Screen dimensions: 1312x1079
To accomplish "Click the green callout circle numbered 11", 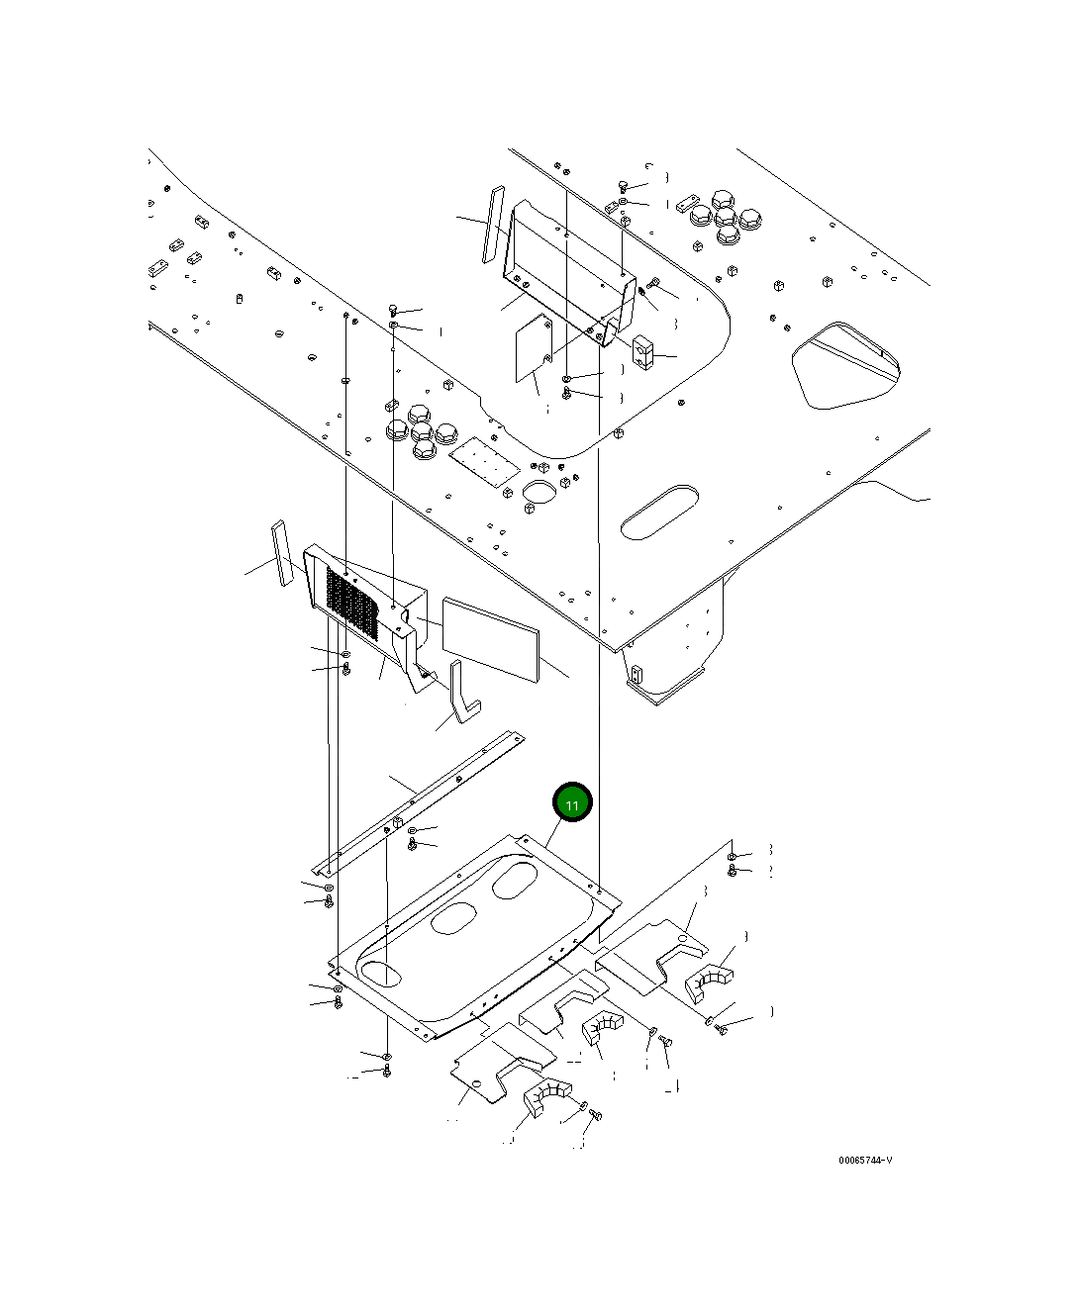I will [x=572, y=802].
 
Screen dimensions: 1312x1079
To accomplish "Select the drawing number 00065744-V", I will [x=864, y=1161].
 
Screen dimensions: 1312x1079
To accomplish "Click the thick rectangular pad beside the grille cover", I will [x=490, y=637].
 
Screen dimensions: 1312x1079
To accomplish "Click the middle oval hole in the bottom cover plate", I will [x=453, y=917].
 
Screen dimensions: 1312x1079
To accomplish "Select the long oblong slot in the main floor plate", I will [x=659, y=511].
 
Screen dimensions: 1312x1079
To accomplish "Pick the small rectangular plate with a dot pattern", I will [x=484, y=462].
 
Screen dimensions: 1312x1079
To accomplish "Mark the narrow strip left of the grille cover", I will [x=282, y=553].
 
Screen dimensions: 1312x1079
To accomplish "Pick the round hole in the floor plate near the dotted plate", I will [x=539, y=491].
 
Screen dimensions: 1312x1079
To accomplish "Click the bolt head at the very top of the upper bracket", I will [x=622, y=186].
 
